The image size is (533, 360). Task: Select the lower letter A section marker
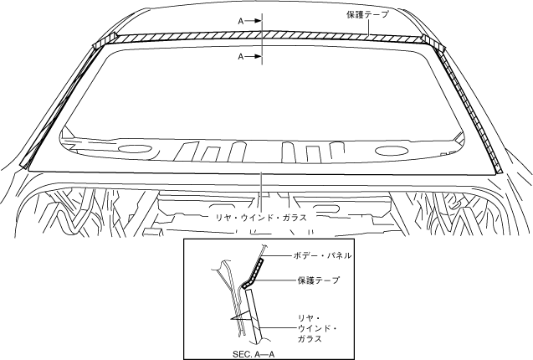240,57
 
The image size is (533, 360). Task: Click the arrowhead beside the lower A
254,57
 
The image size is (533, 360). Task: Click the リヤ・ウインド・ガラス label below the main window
260,216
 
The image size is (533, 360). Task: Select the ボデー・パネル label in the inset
323,255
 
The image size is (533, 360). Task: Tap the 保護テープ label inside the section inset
318,280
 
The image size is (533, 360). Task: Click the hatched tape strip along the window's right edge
473,109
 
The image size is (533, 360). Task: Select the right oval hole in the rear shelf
390,152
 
